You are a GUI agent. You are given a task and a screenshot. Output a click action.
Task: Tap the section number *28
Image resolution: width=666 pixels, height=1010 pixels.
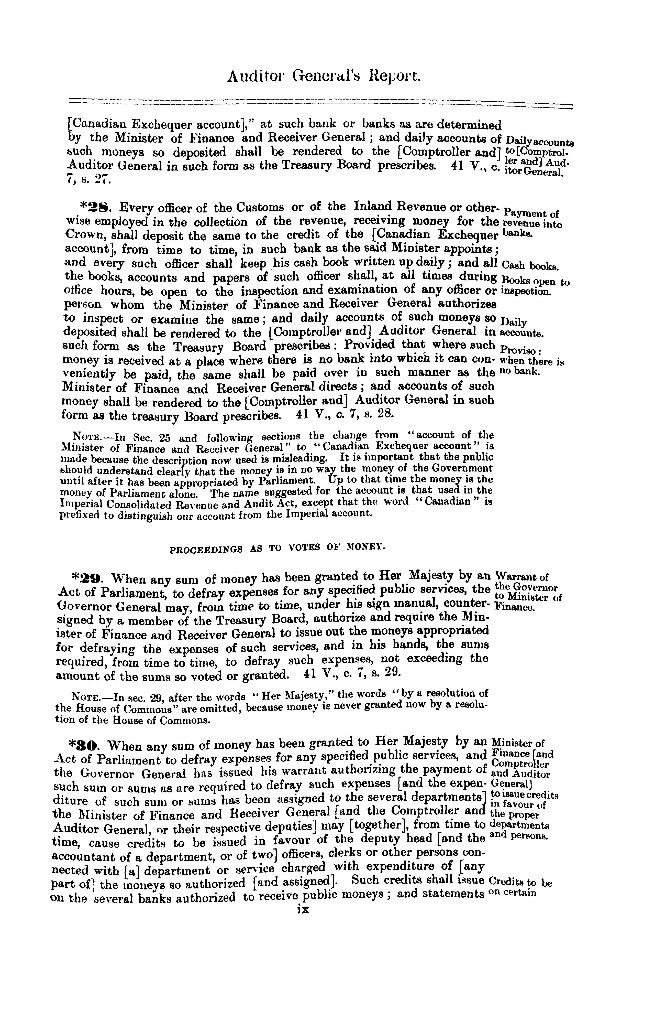pos(96,208)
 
